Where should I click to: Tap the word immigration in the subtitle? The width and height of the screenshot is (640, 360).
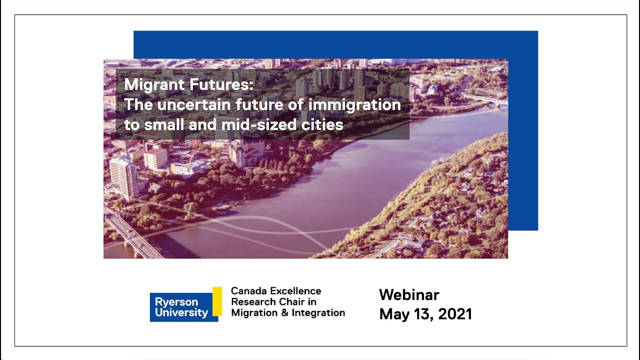click(x=354, y=105)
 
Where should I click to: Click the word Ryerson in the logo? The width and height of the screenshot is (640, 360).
click(x=176, y=302)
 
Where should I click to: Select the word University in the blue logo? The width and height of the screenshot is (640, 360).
click(x=181, y=313)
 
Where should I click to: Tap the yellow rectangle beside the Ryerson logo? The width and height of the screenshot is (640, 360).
click(x=217, y=301)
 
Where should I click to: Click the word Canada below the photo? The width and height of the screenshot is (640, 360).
click(x=248, y=291)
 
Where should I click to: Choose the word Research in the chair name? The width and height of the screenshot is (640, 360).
click(x=253, y=302)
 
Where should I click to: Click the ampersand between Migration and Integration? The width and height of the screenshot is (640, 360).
click(x=281, y=313)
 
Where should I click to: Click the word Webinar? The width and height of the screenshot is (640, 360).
click(x=409, y=294)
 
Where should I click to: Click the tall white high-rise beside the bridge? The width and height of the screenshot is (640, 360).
click(x=124, y=177)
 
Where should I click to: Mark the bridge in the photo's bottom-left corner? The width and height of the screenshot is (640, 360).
click(x=129, y=235)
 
